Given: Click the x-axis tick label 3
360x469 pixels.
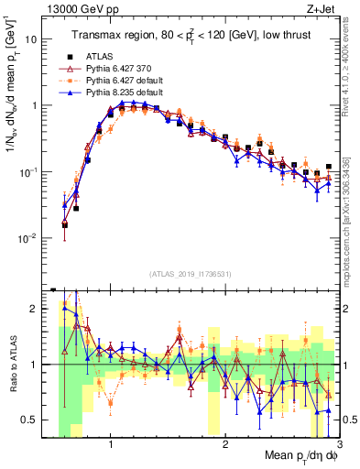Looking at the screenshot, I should [x=339, y=445].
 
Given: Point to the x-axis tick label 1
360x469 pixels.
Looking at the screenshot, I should [x=111, y=445].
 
